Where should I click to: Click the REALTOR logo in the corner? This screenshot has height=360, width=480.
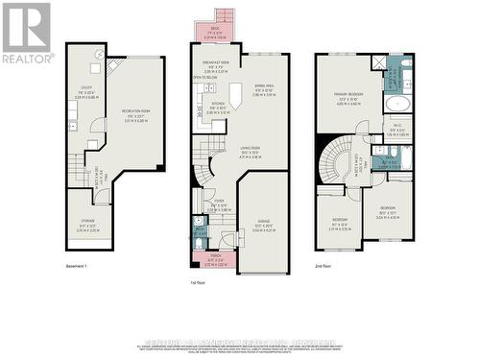pyautogui.click(x=27, y=33)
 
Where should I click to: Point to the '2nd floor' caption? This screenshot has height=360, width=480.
pyautogui.click(x=327, y=266)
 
